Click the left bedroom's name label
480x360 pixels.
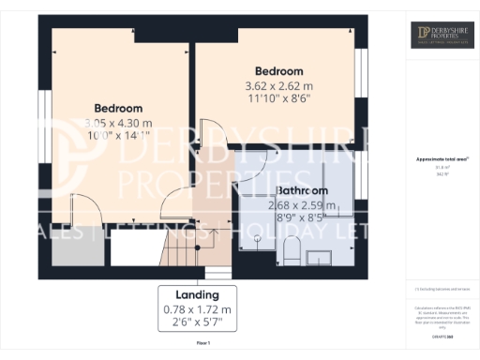(118, 107)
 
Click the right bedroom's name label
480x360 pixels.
(279, 71)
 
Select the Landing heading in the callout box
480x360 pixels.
(203, 293)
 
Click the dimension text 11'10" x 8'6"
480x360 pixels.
(279, 97)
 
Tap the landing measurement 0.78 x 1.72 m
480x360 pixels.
(203, 307)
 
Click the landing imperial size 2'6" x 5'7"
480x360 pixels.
(203, 322)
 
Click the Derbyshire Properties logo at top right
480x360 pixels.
(442, 36)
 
